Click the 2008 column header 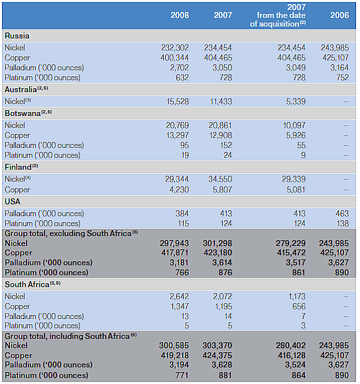(x=180, y=15)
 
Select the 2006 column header (x=339, y=15)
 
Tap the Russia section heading (x=17, y=36)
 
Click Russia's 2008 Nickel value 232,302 (x=175, y=48)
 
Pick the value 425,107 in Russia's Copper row (x=335, y=58)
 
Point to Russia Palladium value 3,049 (x=296, y=68)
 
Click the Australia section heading (x=26, y=90)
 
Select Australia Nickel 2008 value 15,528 (x=178, y=101)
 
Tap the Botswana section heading (x=28, y=113)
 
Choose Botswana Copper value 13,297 (x=178, y=135)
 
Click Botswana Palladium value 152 (x=225, y=145)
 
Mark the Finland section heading (x=21, y=167)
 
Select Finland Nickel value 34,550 (x=220, y=179)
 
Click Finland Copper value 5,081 (x=296, y=190)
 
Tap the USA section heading (x=13, y=202)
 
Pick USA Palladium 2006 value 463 (x=342, y=214)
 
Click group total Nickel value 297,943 (x=174, y=243)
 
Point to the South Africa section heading (x=32, y=285)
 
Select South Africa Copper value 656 (x=299, y=306)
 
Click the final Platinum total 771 (x=182, y=375)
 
